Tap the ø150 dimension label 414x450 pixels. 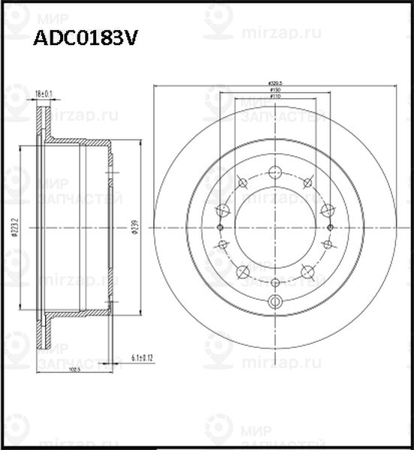275,90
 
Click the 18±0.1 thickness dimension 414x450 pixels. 44,94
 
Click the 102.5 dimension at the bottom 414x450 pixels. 73,368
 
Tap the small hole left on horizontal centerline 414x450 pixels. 219,227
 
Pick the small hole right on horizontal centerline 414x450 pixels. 331,227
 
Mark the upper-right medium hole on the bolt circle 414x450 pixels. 307,182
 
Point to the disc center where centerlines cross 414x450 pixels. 275,227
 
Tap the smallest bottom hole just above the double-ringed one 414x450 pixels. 275,282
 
